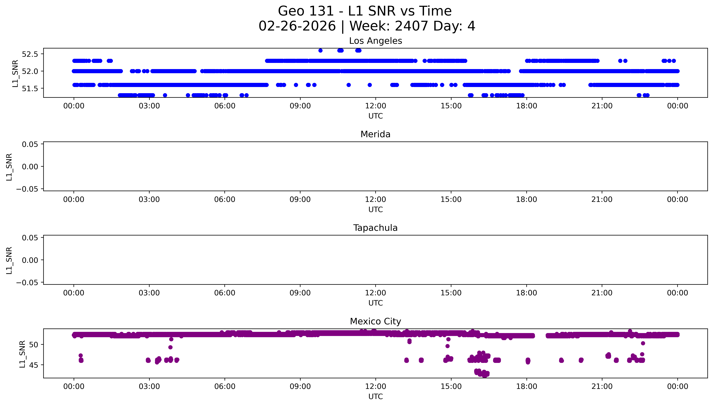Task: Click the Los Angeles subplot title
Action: [375, 41]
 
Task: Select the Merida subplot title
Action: [375, 134]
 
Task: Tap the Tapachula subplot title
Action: [375, 228]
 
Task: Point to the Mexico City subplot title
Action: [375, 322]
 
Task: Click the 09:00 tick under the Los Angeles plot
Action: [300, 106]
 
